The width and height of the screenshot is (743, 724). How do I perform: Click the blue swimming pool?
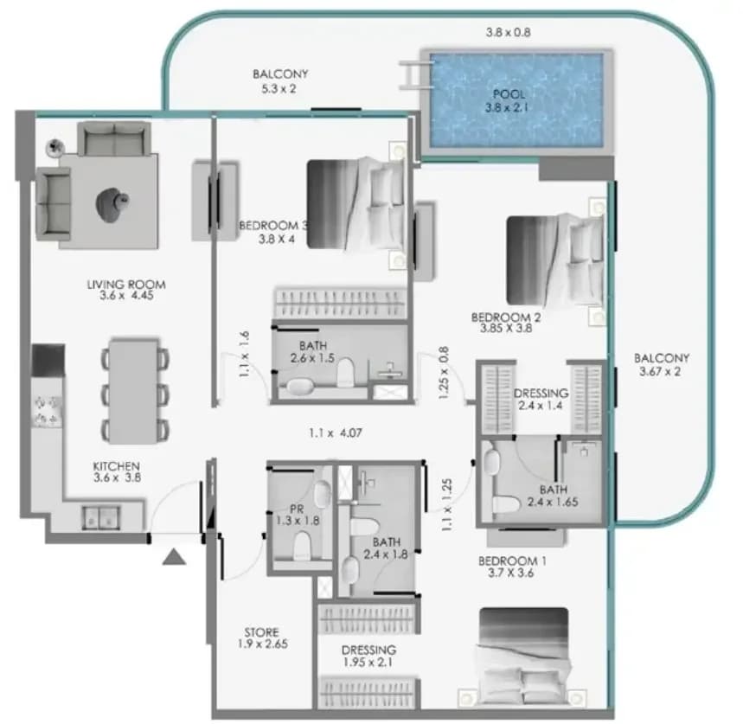click(x=516, y=100)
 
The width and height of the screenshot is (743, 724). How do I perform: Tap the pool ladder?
click(x=415, y=75)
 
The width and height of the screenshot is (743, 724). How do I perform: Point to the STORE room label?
click(x=262, y=638)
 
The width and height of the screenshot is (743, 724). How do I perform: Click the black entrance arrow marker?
click(x=174, y=557)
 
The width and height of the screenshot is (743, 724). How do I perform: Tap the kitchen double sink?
click(x=101, y=517)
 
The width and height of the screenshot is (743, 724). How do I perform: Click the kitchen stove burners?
click(x=47, y=410)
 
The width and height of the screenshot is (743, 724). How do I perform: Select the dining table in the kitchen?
click(x=134, y=391)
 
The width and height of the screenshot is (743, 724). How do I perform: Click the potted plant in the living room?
click(x=55, y=147)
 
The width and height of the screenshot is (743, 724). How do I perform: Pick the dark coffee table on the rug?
click(x=112, y=205)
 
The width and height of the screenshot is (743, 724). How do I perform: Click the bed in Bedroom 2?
click(x=555, y=260)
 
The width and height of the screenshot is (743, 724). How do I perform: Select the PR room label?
click(x=298, y=515)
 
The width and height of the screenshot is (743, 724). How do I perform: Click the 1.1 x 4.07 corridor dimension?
click(x=336, y=433)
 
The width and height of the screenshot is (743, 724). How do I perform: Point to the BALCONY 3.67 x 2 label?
click(x=662, y=365)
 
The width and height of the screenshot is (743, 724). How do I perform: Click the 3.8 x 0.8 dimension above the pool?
click(x=508, y=33)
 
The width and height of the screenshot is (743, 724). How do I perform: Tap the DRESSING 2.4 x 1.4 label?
click(x=541, y=400)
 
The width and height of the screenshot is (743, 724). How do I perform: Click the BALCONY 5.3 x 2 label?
click(x=280, y=81)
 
